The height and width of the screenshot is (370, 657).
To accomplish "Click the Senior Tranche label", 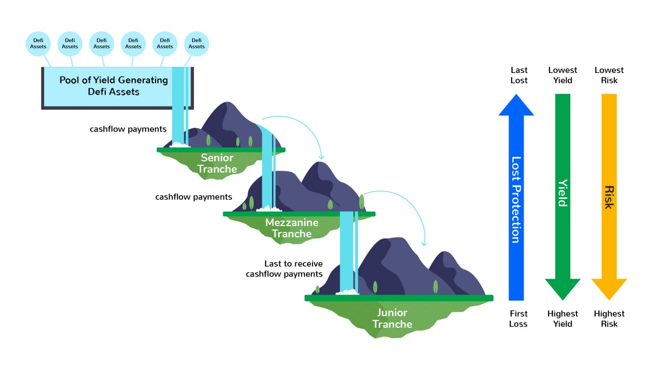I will tap(217, 163).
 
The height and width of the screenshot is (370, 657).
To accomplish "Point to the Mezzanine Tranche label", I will tap(292, 228).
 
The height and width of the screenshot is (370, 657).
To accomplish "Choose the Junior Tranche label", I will tap(392, 318).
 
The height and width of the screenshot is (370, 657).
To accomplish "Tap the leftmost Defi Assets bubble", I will tap(38, 44).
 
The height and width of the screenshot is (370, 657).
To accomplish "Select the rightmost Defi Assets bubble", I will tap(197, 44).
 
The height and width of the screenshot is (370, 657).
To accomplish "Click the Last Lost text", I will tap(519, 75).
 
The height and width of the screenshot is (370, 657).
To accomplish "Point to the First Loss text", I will tap(518, 319).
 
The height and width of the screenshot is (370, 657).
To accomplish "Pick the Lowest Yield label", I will tap(563, 75).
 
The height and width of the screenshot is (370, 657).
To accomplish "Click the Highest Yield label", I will tap(563, 319).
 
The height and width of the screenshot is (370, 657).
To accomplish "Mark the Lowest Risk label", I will tap(609, 75).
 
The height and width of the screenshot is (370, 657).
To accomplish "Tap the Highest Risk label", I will tap(609, 319).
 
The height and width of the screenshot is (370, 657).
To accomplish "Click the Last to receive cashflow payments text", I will tap(285, 269).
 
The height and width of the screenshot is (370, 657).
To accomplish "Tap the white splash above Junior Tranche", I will tap(347, 292).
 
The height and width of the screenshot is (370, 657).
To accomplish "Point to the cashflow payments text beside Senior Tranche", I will tap(128, 129).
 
